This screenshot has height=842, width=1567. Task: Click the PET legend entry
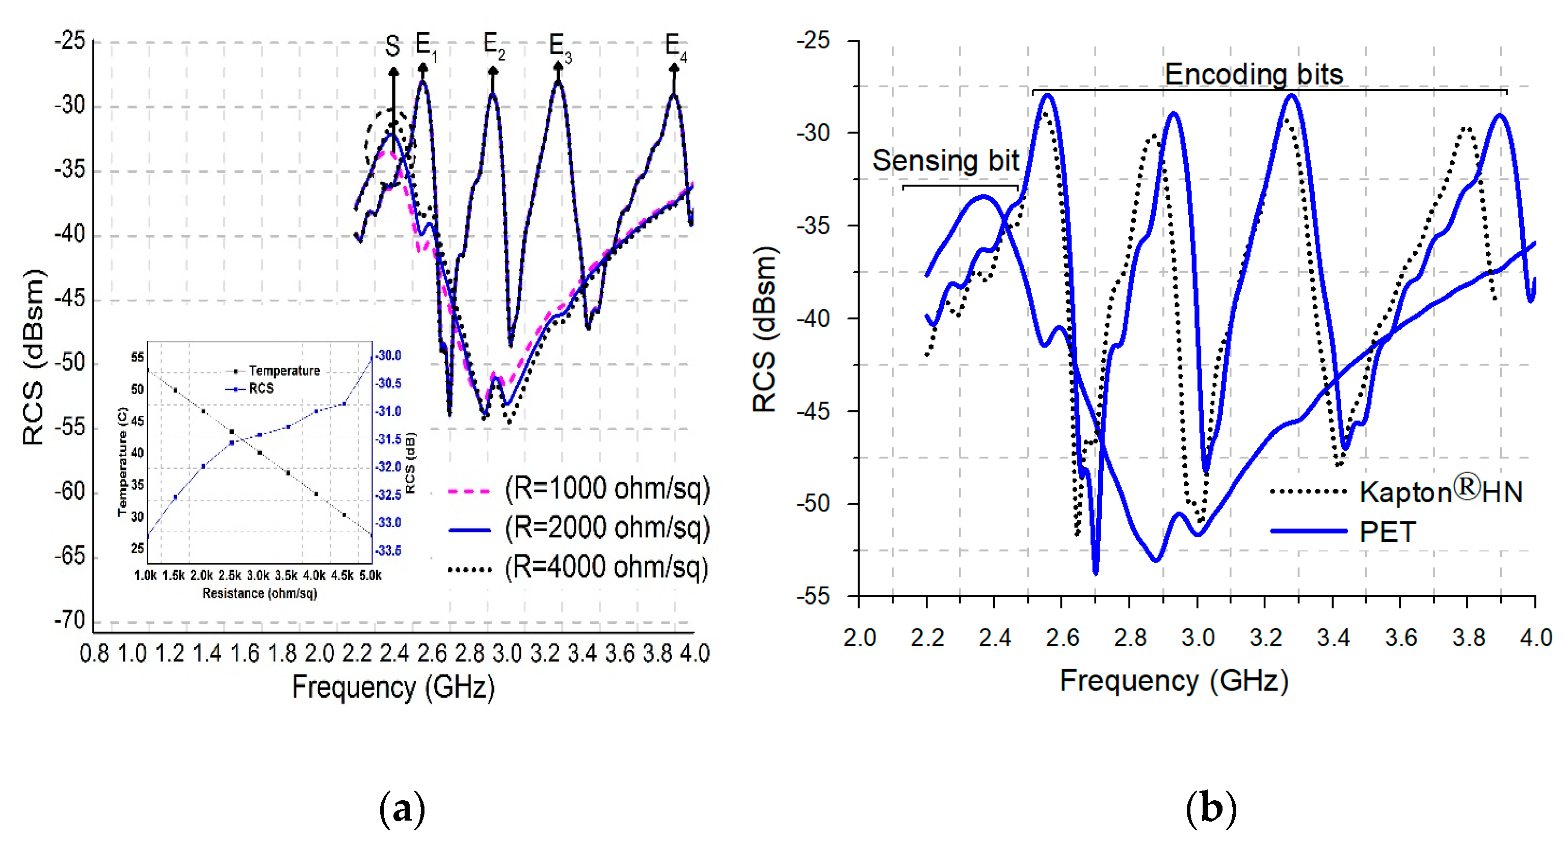(x=1387, y=532)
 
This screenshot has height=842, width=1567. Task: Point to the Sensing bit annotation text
(x=945, y=161)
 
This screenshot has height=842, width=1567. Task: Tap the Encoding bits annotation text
(x=1253, y=74)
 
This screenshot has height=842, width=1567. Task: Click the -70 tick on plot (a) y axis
(x=70, y=621)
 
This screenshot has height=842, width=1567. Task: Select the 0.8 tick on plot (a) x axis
(x=94, y=654)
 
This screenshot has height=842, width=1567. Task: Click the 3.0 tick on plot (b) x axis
(x=1198, y=638)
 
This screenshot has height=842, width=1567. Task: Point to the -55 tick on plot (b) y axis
(x=813, y=597)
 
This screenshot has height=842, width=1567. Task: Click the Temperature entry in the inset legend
(x=284, y=371)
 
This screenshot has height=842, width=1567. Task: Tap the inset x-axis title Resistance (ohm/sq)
(x=259, y=593)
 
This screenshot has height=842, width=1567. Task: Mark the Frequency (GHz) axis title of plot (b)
(x=1174, y=680)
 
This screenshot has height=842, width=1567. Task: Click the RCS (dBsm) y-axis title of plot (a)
(x=34, y=357)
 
